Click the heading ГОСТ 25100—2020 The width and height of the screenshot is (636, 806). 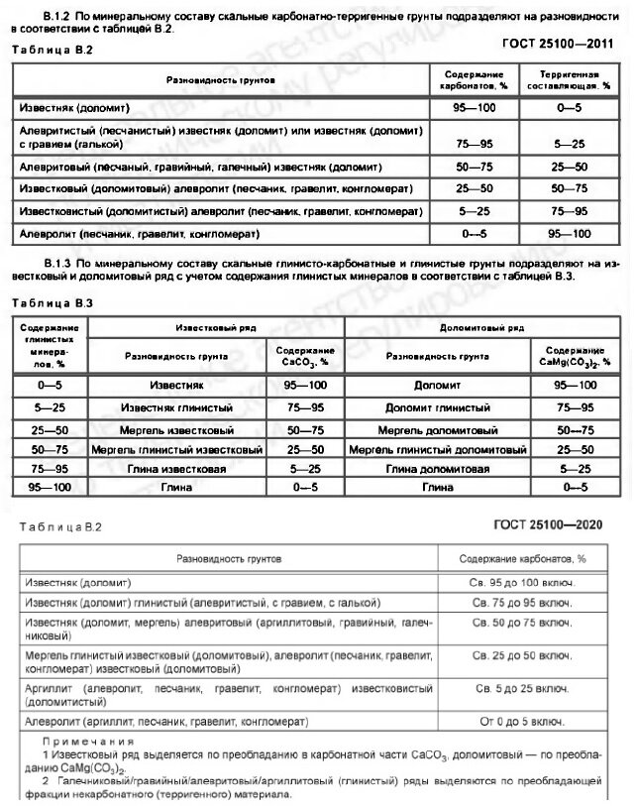557,524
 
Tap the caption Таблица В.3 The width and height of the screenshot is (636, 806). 45,301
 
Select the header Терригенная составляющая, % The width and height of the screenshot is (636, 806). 574,80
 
